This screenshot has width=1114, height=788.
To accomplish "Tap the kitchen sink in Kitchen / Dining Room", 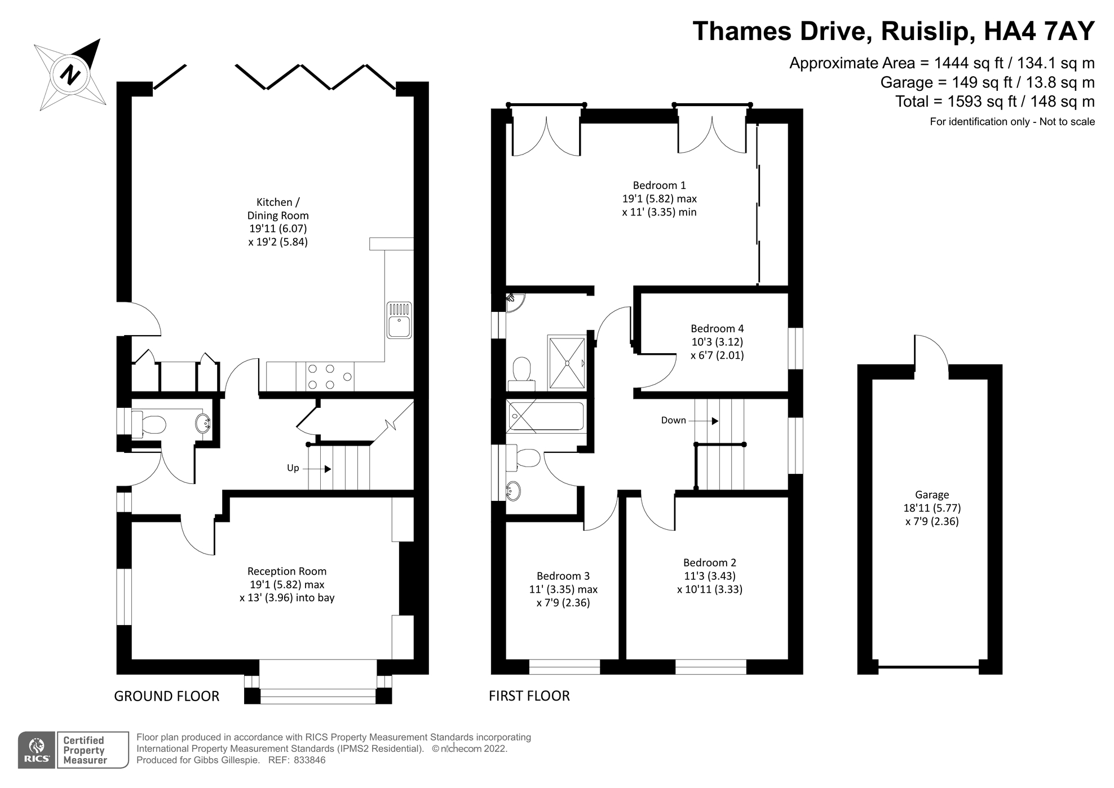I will coord(399,321).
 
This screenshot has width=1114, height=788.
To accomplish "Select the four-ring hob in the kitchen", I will coord(329,377).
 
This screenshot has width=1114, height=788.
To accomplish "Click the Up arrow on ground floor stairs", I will coord(317,469).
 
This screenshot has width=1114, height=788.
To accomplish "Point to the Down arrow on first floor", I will coord(704,421).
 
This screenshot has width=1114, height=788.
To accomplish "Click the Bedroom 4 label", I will coord(717,329).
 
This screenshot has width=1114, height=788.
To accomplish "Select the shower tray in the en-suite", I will coord(567,362).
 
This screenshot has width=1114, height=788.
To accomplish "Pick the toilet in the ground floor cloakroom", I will coord(149,424).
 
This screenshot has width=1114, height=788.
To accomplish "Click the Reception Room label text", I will coord(287,571).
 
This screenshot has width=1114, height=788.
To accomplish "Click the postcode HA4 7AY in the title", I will coord(1039,31).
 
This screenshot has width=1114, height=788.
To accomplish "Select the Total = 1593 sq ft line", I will coord(995,102).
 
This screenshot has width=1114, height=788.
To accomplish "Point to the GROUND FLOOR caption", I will coord(166,696).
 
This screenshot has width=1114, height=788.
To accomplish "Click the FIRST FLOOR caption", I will coord(529,696).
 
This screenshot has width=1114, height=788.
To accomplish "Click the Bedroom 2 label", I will coord(709,562).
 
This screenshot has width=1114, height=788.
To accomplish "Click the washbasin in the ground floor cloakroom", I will coord(204,422).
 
